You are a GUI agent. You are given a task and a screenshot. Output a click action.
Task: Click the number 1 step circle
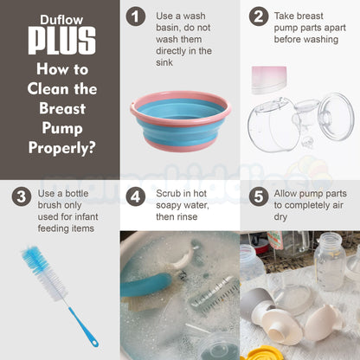coord(135,16)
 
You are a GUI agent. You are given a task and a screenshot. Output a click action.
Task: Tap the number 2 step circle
coord(259,16)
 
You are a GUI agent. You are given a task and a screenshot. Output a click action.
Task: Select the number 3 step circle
coord(22,197)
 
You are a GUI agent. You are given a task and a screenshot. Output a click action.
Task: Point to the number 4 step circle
coord(135,197)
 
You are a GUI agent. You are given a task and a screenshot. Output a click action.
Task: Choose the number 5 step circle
coord(259,197)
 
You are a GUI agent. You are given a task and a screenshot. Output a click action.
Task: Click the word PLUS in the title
coord(61,41)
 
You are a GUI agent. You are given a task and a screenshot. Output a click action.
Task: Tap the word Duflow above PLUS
coord(61,20)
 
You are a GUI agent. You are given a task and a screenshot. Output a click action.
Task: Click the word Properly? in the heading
coord(61,148)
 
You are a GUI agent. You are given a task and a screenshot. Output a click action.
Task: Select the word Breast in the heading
coord(62,108)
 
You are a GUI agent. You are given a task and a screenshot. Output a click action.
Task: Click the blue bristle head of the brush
coord(34,260)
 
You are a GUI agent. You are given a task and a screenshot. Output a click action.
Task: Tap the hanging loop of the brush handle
coord(94,344)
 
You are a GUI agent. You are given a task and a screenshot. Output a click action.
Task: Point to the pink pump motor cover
coord(269,80)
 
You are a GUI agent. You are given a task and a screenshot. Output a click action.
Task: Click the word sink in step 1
coord(164,62)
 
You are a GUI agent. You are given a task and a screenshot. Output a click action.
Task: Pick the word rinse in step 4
coord(188,217)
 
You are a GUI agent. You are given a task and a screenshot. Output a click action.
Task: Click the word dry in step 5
coord(280,217)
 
